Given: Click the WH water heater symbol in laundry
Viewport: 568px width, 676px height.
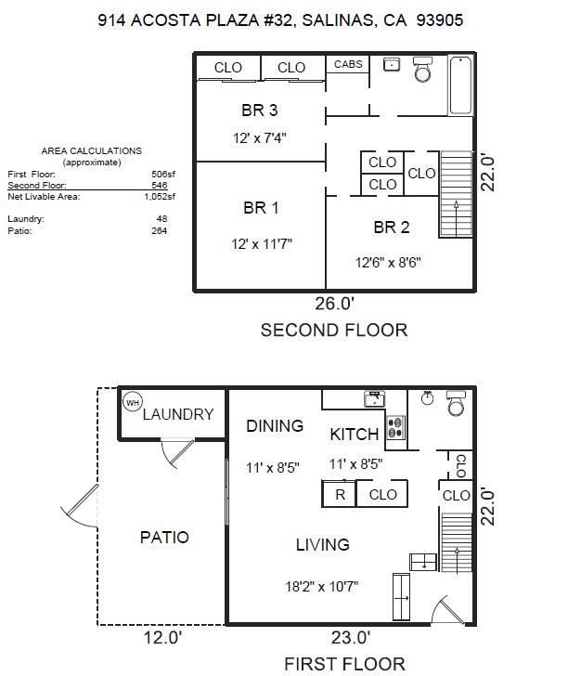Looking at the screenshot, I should coord(132,403).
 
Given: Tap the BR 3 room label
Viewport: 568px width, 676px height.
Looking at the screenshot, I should coord(260,110).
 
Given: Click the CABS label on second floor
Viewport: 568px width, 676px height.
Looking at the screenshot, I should coord(348,64).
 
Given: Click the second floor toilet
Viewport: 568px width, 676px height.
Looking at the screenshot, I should coord(423,70).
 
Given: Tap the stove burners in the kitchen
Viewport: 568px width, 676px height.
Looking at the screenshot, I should coord(396,428).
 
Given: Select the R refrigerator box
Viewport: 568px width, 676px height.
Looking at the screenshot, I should coord(340,495).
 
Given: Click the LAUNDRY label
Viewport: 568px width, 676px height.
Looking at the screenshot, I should coord(178,415).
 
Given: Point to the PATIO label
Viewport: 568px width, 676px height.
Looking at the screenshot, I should coord(164,537).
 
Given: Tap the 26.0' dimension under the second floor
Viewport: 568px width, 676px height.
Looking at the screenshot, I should coord(334,303).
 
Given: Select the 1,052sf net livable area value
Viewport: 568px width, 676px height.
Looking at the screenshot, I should coord(160,197).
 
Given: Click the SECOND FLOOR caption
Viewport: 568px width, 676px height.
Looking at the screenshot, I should coord(333,330).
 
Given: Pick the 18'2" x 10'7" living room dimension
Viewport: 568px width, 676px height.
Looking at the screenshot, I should coord(323,586).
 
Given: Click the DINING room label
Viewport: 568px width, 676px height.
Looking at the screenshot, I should coord(275,426).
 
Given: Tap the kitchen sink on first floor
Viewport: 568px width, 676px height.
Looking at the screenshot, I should coord(374,399).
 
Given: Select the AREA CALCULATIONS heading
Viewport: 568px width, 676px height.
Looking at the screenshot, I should coord(92,150).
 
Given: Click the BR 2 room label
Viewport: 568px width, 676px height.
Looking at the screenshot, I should coord(392,227).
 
